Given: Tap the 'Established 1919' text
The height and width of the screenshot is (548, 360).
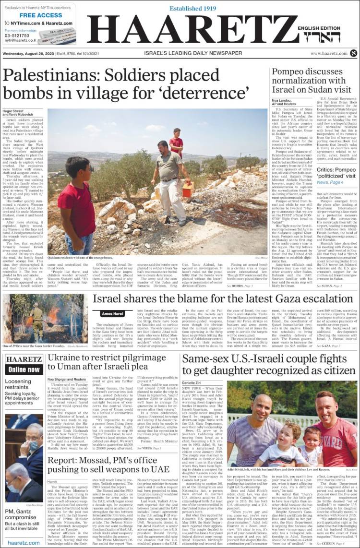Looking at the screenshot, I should (194, 9).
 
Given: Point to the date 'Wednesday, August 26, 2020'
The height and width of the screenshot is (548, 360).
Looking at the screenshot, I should (30, 53).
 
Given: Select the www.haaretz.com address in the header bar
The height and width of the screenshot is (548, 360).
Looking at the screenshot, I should (329, 53).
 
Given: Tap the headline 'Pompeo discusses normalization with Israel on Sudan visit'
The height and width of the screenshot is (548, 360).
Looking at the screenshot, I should (312, 81).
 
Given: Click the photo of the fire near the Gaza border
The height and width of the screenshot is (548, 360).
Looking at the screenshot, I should (45, 311).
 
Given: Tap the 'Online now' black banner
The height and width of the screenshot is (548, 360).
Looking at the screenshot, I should (24, 369).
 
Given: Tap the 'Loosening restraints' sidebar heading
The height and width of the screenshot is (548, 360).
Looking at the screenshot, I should (18, 384).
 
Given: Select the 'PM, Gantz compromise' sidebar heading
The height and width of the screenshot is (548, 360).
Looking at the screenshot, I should (20, 514).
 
